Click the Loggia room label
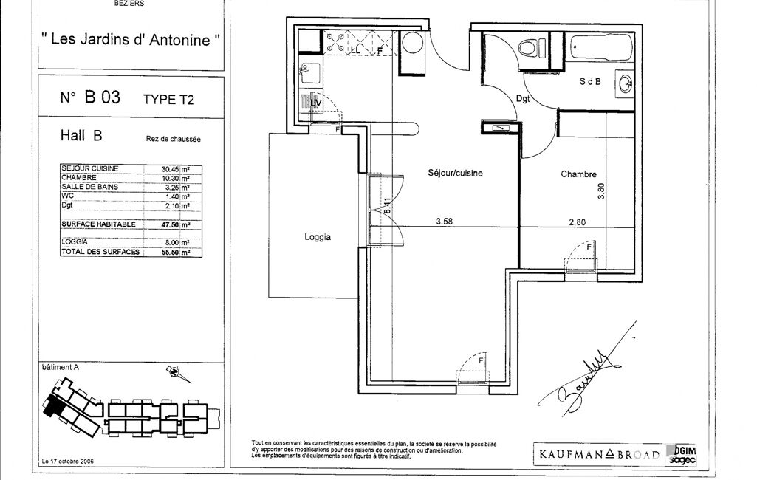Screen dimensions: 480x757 [x=318, y=238]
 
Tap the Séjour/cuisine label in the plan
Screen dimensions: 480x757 [x=455, y=173]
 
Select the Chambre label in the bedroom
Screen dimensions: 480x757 [x=578, y=175]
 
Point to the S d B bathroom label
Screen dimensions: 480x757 [x=590, y=83]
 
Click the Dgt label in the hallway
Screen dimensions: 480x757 [x=523, y=98]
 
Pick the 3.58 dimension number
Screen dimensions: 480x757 [x=444, y=220]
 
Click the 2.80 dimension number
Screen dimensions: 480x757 [x=577, y=220]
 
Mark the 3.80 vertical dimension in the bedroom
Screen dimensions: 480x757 [x=601, y=191]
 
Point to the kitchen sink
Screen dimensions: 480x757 [x=309, y=73]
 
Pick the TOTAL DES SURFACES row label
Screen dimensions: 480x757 [x=100, y=252]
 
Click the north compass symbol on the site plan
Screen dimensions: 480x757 [x=174, y=373]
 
